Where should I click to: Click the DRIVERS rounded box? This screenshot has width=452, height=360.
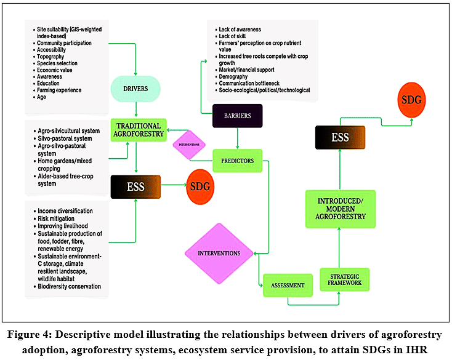click(135, 89)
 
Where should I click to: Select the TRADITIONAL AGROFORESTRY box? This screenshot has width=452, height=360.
click(139, 130)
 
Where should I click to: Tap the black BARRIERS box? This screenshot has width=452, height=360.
click(238, 116)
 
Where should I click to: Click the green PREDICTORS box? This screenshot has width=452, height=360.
click(238, 161)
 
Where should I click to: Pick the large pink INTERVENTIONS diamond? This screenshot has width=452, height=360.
click(219, 254)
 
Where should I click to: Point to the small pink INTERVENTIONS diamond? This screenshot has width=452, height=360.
click(189, 145)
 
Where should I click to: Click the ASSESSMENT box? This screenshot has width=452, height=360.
click(288, 285)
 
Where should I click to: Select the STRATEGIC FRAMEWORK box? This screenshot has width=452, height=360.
click(344, 279)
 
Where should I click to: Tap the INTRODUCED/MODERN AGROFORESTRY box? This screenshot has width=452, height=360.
click(341, 209)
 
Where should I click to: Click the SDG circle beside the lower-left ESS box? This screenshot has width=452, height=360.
click(200, 186)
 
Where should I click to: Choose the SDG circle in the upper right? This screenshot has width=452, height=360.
click(411, 100)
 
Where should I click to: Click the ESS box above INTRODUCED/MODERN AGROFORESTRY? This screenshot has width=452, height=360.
click(340, 137)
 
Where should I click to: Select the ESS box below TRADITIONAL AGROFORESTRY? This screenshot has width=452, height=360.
click(135, 186)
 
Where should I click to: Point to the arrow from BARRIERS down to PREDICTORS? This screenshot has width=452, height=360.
click(237, 138)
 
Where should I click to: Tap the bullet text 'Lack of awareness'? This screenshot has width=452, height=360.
click(240, 30)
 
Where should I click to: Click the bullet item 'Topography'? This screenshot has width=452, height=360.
click(50, 57)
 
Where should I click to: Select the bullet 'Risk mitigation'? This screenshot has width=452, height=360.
click(56, 218)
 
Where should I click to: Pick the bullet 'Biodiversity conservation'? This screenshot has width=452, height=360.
click(69, 286)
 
